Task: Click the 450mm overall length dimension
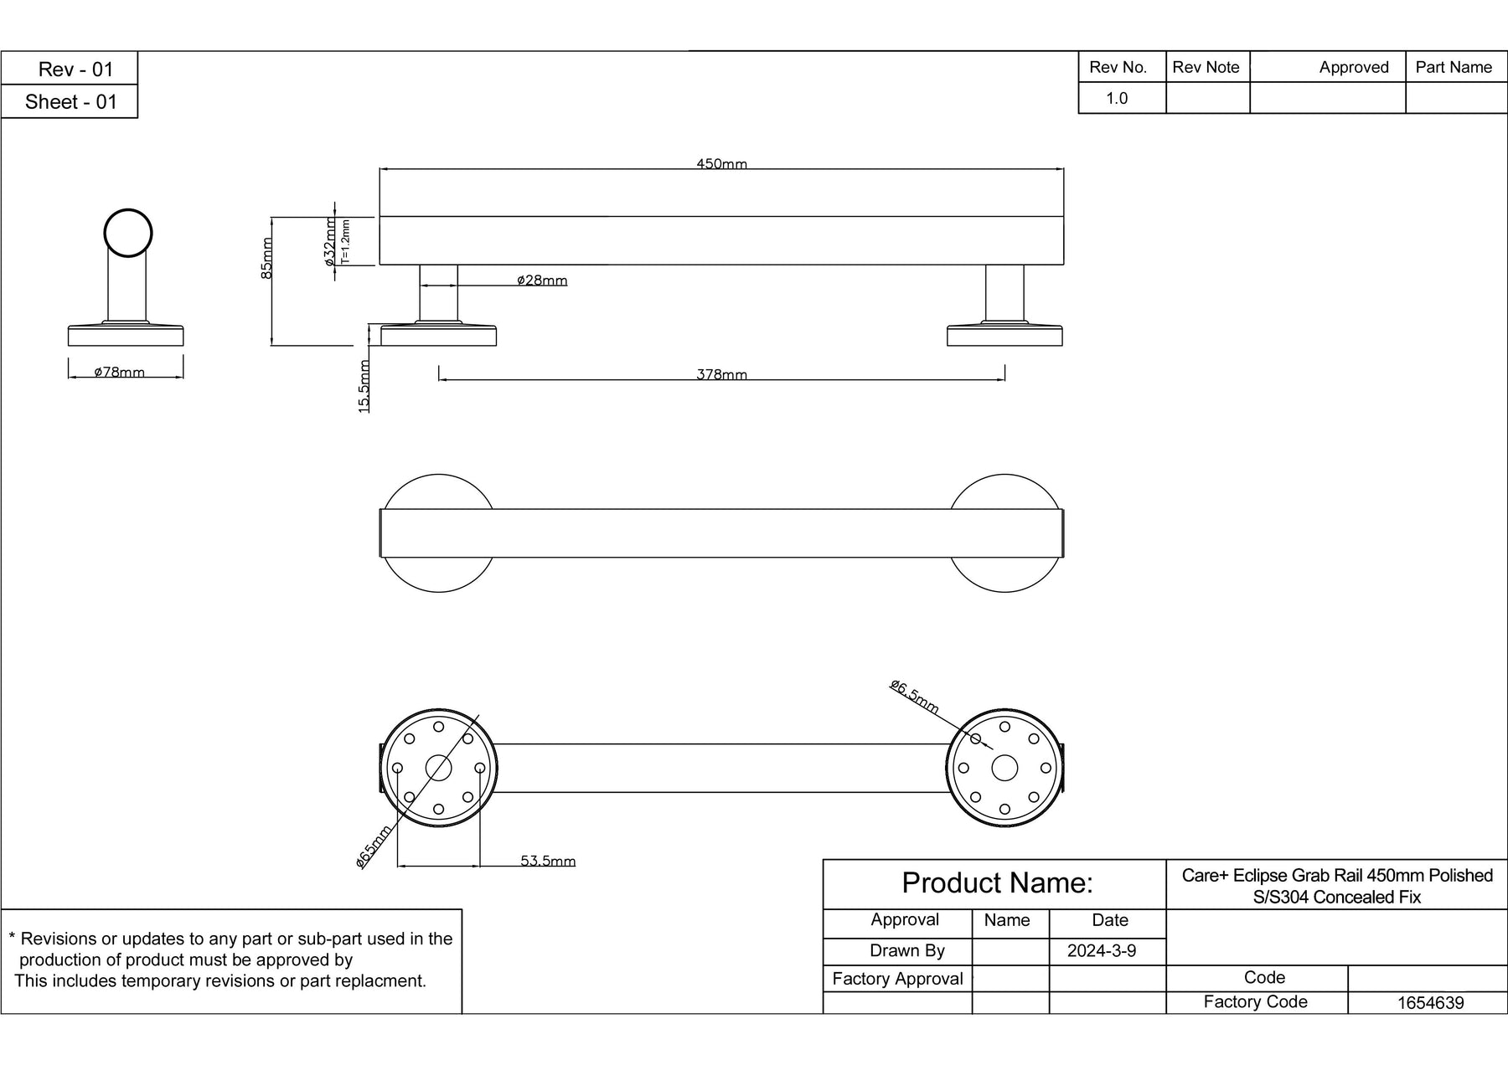tap(721, 164)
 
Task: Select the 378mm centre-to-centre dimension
tap(721, 374)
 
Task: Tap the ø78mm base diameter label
tap(119, 372)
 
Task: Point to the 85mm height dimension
tap(266, 257)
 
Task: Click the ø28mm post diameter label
tap(542, 280)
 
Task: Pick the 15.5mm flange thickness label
tap(364, 386)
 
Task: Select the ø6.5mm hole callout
tap(914, 697)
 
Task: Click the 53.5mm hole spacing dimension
tap(548, 861)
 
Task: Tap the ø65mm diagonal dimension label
tap(374, 846)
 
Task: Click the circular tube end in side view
tap(128, 233)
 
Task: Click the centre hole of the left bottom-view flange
tap(438, 768)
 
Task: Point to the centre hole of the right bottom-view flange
tap(1004, 768)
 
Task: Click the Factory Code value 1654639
tap(1430, 1002)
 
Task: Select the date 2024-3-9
tap(1102, 951)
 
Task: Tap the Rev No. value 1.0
tap(1117, 98)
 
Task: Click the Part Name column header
tap(1454, 67)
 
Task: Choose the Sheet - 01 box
tap(70, 102)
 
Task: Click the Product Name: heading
tap(997, 883)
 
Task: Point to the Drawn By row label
tap(906, 951)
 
